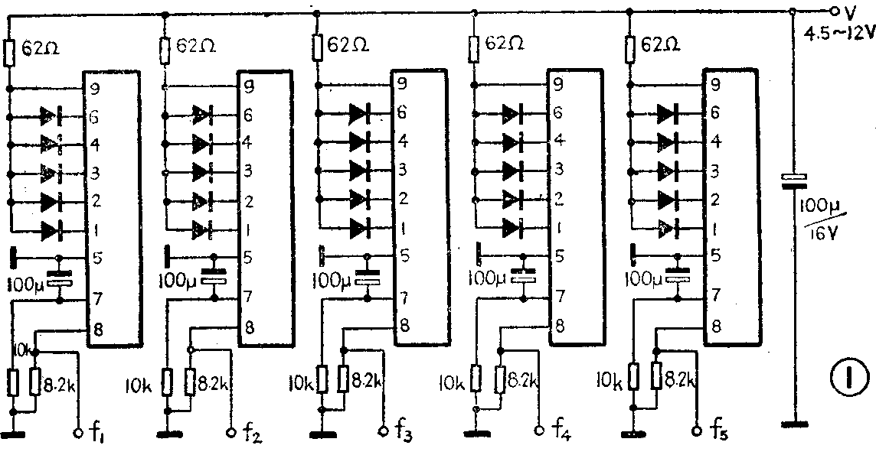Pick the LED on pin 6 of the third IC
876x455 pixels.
[x=361, y=114]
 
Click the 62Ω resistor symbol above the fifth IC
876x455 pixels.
[x=630, y=50]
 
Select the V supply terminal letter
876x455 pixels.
[x=848, y=11]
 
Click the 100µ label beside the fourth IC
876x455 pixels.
[x=490, y=274]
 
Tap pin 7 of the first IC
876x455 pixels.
[x=96, y=297]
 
